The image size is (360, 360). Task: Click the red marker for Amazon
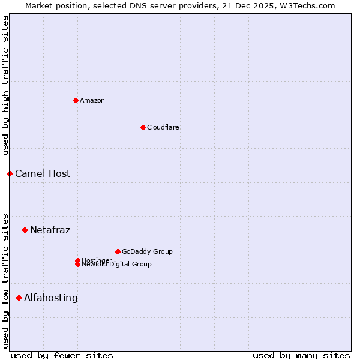[x=76, y=100]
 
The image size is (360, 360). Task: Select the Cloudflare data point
[x=143, y=127]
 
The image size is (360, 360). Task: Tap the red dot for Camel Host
[x=10, y=173]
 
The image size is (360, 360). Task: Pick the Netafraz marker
[x=25, y=230]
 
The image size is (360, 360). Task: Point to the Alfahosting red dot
[x=19, y=298]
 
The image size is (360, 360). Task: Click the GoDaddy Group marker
[x=118, y=251]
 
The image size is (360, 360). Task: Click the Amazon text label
[x=92, y=100]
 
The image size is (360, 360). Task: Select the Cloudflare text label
[x=163, y=127]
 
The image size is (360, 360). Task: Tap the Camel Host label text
[x=43, y=173]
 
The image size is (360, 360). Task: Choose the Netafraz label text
[x=50, y=230]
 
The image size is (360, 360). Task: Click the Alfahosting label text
[x=51, y=298]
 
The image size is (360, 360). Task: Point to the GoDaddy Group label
[x=147, y=251]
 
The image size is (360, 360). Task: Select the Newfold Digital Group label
[x=117, y=265]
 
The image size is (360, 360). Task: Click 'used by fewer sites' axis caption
[x=62, y=355]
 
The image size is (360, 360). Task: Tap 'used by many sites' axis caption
[x=301, y=355]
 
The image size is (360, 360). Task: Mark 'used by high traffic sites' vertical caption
[x=5, y=85]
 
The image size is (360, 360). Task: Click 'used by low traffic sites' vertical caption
[x=5, y=280]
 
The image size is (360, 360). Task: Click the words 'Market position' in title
[x=54, y=5]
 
